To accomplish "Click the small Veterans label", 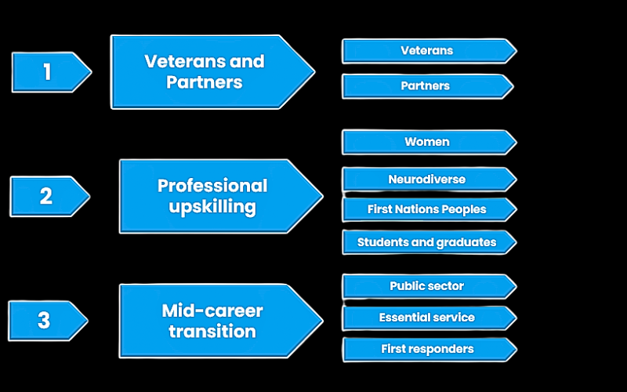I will tap(427, 51).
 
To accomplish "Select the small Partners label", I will tap(426, 85).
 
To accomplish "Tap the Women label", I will tap(427, 142).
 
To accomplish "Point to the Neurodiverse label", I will tap(427, 180).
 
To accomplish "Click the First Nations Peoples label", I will tap(427, 209).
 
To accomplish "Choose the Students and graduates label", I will tap(427, 242).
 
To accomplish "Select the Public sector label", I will tap(427, 286).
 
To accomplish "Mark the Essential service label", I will tap(427, 318).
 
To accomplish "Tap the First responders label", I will tap(427, 349).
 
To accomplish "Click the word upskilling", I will tap(212, 208).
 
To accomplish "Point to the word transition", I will tap(212, 331).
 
